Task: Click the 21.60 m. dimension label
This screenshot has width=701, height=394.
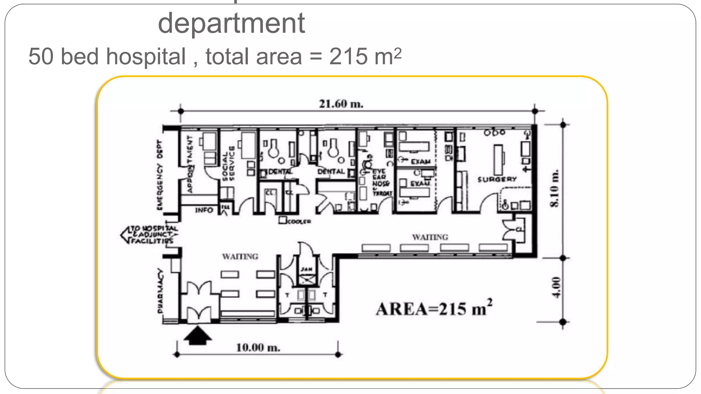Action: tap(341, 104)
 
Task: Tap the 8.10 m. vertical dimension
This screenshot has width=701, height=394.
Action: tap(554, 188)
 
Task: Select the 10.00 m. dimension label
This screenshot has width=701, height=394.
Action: tap(258, 348)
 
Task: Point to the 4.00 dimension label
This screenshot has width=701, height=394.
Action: tap(557, 287)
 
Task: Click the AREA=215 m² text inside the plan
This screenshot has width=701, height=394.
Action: tap(434, 308)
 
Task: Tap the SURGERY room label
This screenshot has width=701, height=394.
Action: tap(497, 179)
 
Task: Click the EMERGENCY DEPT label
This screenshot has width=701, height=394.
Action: tap(160, 175)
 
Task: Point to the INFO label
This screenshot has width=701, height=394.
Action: tap(204, 210)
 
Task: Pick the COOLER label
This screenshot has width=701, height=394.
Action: tap(299, 222)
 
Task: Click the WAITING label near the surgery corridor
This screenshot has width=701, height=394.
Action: tap(430, 237)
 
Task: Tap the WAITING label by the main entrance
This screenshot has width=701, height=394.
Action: tap(240, 257)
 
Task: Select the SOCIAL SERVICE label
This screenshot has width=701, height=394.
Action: tap(228, 163)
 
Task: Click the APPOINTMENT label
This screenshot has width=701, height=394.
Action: tap(190, 164)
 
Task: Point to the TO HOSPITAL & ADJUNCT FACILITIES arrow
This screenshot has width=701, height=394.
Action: tap(150, 235)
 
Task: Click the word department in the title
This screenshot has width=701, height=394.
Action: tap(231, 23)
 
